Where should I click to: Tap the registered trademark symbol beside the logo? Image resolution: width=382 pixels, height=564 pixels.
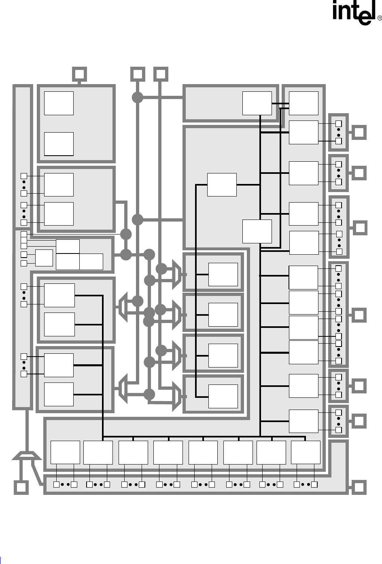tap(380, 18)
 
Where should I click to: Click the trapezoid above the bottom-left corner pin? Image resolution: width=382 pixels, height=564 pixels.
tap(26, 456)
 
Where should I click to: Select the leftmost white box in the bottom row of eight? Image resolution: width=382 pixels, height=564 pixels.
tap(65, 452)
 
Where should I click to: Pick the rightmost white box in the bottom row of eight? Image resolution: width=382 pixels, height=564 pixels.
tap(306, 452)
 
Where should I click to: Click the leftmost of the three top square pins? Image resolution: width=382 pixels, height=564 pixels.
tap(80, 74)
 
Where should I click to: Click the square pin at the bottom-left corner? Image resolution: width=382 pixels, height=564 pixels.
tap(21, 488)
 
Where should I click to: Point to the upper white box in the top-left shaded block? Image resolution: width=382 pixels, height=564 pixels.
tap(59, 103)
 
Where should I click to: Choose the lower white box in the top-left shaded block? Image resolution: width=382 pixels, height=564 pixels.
tap(59, 144)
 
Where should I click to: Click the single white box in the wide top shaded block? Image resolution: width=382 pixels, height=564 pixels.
tap(257, 103)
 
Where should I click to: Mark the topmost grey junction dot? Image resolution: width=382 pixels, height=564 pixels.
tap(138, 97)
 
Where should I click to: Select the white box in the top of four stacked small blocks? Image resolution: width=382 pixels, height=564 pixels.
tap(223, 274)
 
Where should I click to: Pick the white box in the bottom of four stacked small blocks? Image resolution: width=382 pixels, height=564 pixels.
tap(223, 396)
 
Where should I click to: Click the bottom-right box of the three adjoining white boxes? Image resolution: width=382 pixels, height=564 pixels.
tap(91, 262)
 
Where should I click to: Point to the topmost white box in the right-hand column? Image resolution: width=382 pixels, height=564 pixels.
tap(303, 103)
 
